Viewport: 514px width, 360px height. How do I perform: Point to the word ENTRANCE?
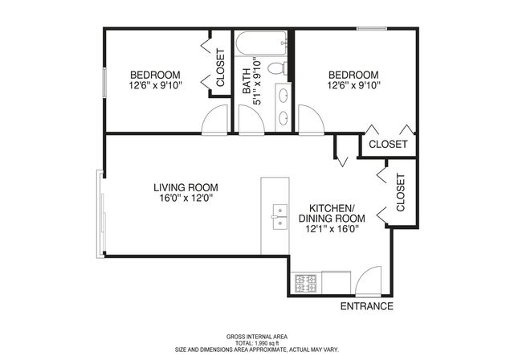(x=366, y=306)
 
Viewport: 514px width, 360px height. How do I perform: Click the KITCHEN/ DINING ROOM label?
(x=332, y=212)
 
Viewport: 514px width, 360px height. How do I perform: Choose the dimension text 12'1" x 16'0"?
(x=332, y=228)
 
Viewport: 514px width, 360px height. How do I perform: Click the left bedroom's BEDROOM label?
(x=155, y=74)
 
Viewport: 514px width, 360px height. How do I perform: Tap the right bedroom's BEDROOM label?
(x=353, y=74)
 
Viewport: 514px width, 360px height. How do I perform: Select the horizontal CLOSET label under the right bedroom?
(x=388, y=145)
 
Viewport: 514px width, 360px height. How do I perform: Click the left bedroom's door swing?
(x=214, y=119)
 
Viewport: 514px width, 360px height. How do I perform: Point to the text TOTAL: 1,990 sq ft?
(x=257, y=343)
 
